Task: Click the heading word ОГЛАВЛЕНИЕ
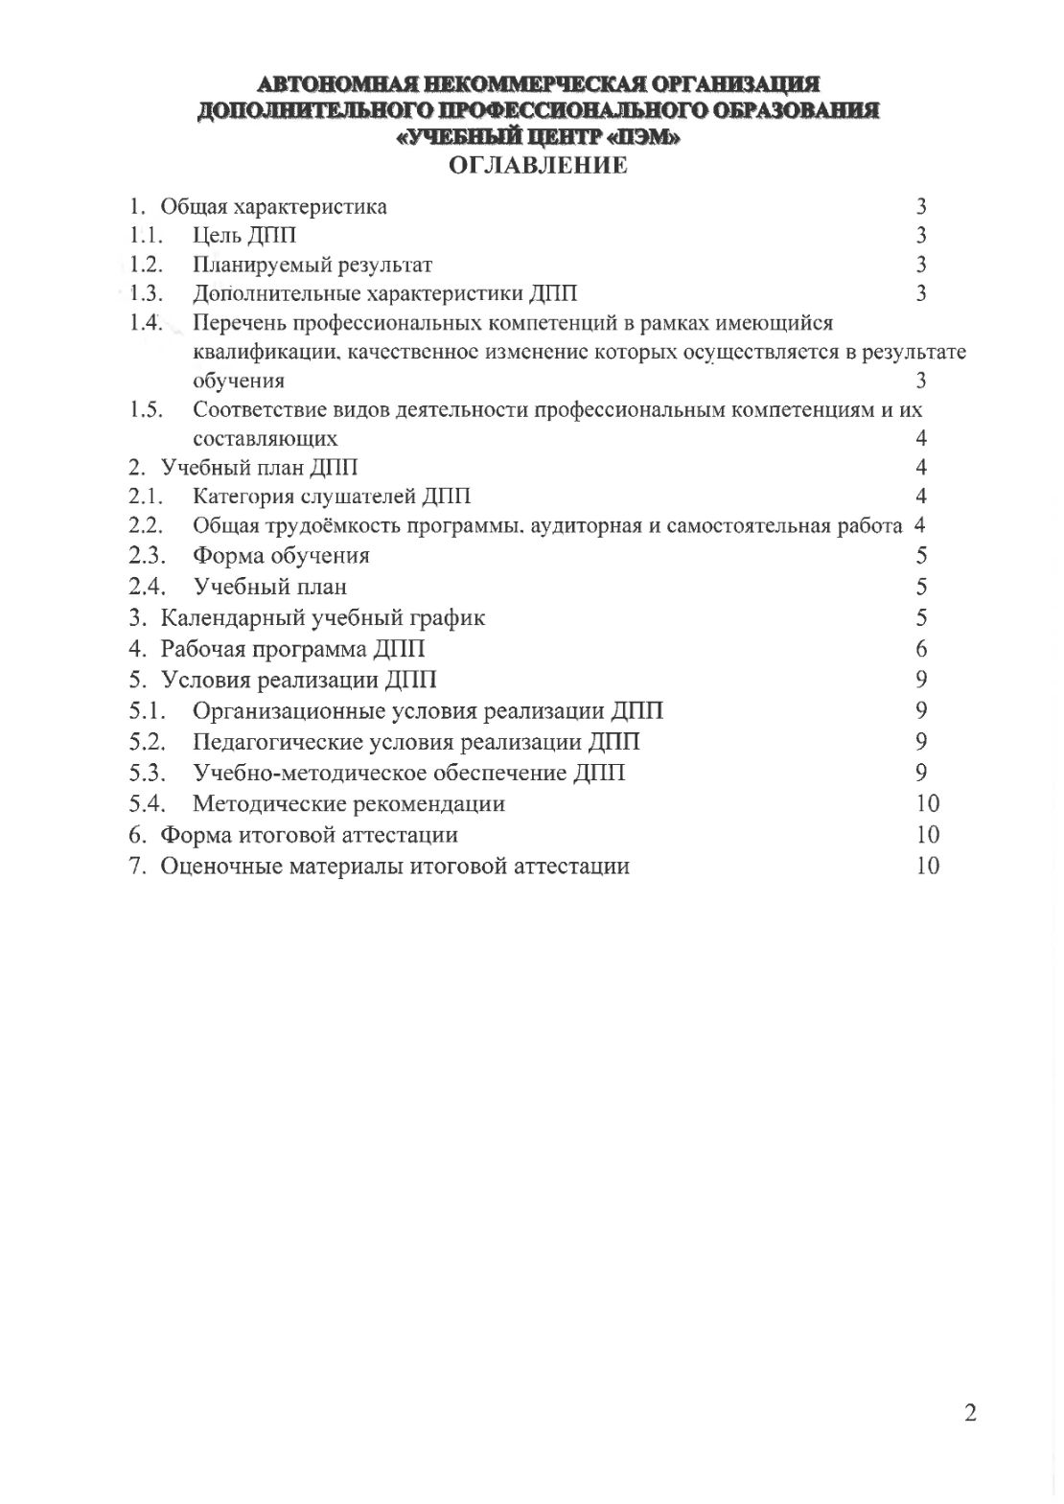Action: tap(538, 166)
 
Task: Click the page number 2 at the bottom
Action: tap(970, 1414)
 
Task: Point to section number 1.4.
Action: tap(147, 322)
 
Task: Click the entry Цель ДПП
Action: tap(244, 236)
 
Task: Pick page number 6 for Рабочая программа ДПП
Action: tap(921, 649)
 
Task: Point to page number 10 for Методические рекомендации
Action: tap(927, 803)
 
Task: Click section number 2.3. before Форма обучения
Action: tap(148, 556)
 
